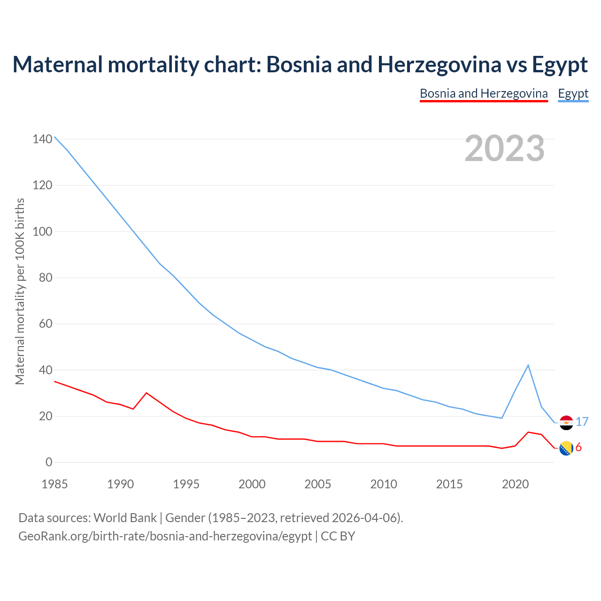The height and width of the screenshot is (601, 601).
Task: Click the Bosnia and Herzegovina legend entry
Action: (484, 93)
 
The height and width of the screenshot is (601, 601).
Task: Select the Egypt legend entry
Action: (573, 93)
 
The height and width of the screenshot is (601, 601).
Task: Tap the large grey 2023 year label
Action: (505, 148)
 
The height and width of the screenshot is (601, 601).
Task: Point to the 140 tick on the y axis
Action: (42, 139)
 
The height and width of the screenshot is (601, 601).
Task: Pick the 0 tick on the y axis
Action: (49, 462)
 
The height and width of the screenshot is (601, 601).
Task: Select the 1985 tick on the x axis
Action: (54, 484)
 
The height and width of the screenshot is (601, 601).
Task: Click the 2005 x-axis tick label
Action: (318, 484)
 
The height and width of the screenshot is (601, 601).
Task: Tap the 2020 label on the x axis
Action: (515, 484)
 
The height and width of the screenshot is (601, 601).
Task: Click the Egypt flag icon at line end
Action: (566, 423)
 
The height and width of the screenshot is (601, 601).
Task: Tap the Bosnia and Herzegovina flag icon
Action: (566, 448)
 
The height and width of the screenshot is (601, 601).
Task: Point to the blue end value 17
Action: (582, 422)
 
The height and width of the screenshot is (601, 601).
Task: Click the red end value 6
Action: (578, 447)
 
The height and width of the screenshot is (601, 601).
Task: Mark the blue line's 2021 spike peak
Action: (528, 365)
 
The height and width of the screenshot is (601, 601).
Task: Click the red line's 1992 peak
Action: (146, 393)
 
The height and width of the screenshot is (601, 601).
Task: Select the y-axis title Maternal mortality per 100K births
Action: (20, 291)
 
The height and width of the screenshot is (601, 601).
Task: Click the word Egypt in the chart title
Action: (560, 64)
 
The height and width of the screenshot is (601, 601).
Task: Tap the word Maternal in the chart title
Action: (58, 64)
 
